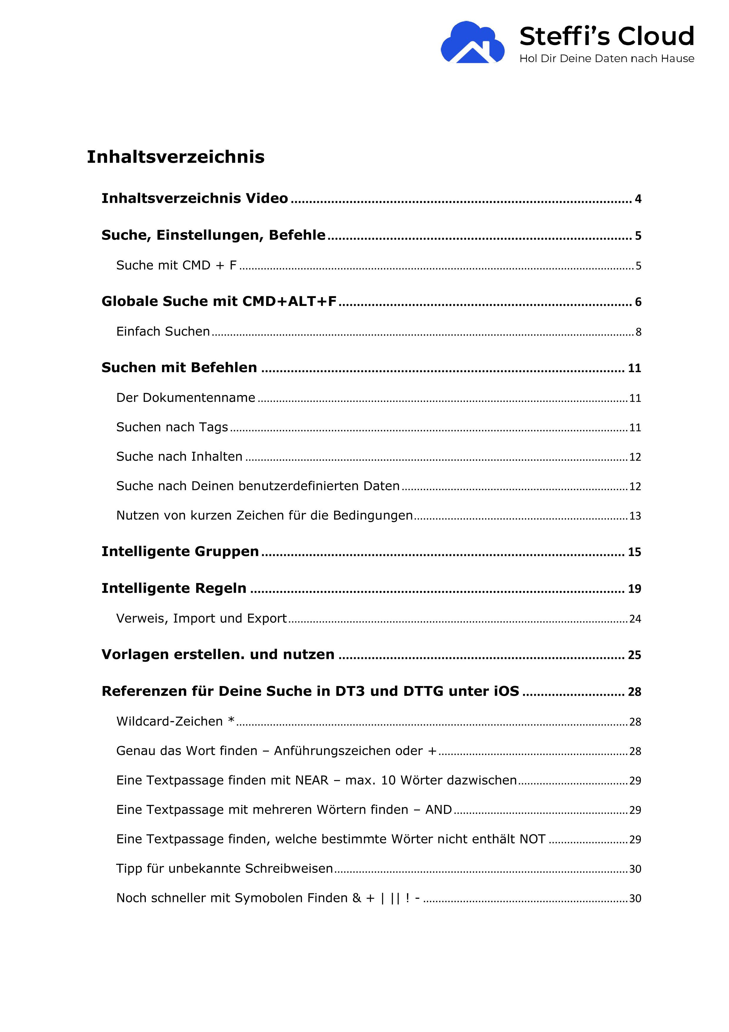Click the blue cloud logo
click(472, 43)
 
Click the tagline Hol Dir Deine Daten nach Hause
click(606, 59)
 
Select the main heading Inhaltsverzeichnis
click(176, 157)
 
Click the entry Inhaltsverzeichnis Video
click(194, 198)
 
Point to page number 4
click(638, 199)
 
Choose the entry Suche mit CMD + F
click(176, 265)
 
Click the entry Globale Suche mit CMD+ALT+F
click(219, 301)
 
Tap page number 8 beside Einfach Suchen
click(638, 332)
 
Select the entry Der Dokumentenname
click(186, 397)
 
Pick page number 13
click(635, 516)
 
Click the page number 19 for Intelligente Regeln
click(634, 589)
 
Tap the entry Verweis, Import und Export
click(201, 618)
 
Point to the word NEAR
click(312, 780)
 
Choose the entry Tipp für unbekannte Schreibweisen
click(224, 868)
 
